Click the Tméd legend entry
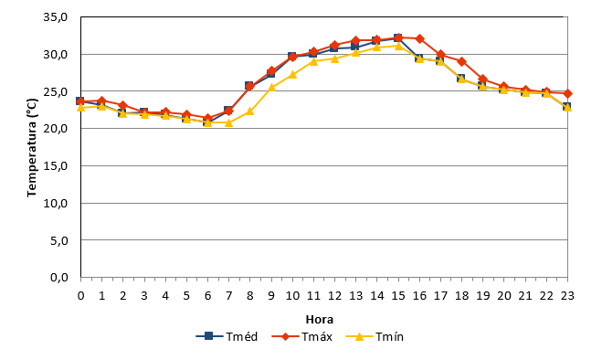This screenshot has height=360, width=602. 227,336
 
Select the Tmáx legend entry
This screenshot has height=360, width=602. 301,336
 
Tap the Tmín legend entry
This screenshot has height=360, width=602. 375,336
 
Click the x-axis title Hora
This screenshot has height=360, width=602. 320,319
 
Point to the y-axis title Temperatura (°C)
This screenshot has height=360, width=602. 32,148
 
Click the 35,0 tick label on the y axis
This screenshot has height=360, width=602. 56,17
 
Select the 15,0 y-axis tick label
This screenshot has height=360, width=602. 56,165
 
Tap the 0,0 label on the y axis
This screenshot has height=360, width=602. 59,277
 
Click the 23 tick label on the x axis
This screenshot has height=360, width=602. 567,295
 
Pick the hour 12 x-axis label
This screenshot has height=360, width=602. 334,295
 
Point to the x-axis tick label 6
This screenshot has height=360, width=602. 207,295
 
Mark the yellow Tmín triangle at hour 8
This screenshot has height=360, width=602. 249,111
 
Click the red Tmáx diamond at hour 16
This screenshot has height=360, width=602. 419,38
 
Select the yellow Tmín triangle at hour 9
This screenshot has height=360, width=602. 271,87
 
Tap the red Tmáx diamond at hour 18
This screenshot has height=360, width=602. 462,61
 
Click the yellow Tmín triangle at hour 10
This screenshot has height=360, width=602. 292,74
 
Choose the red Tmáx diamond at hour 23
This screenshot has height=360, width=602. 567,93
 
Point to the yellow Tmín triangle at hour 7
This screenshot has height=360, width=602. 228,122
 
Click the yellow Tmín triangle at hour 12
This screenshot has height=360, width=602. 334,58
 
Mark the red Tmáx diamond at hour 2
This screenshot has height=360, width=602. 122,105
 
